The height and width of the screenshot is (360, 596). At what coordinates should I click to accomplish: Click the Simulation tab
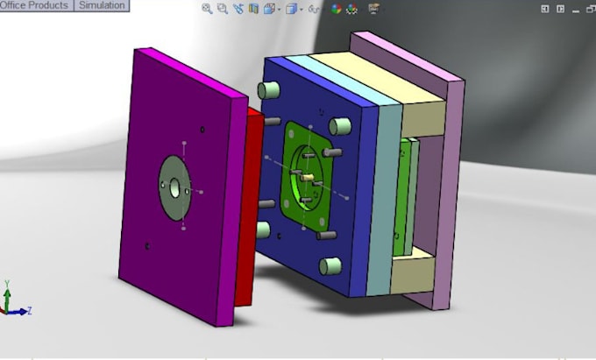tap(101, 5)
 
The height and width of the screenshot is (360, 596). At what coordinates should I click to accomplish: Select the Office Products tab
tap(35, 5)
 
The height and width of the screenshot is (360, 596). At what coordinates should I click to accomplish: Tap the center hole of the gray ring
tap(175, 187)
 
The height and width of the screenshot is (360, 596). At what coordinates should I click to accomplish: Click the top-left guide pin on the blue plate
tap(270, 89)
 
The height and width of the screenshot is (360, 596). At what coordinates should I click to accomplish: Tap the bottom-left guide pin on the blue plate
tap(262, 229)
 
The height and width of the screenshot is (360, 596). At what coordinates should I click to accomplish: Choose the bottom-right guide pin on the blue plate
tap(330, 265)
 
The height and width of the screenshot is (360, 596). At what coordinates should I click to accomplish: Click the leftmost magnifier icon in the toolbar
tap(207, 9)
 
